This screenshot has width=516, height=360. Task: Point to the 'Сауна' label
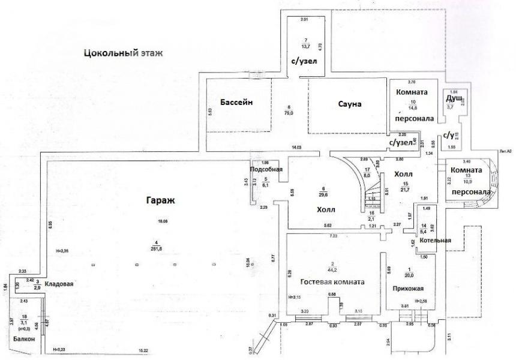(x=348, y=104)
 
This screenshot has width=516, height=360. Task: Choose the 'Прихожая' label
(x=404, y=287)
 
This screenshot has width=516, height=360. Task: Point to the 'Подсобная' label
(x=266, y=170)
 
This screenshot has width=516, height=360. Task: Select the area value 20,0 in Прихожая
(x=409, y=275)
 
